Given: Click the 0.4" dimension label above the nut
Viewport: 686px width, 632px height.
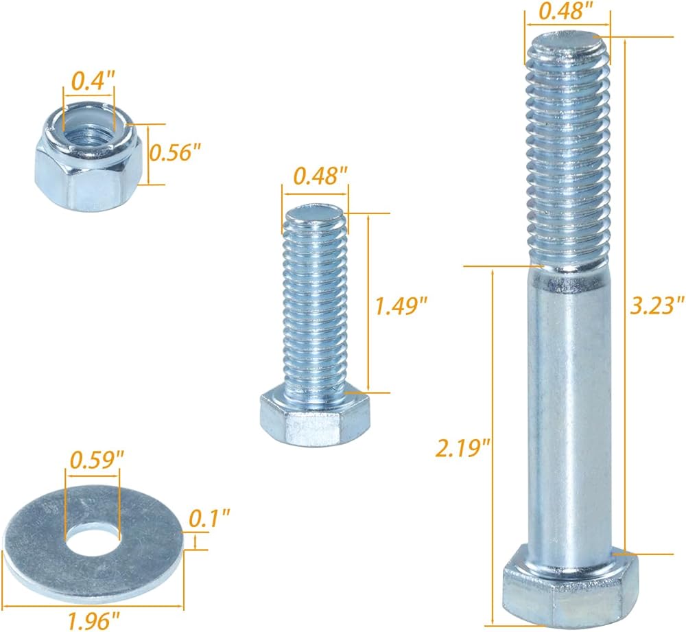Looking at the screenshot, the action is click(93, 81).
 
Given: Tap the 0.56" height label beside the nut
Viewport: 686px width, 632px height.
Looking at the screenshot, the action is click(175, 153).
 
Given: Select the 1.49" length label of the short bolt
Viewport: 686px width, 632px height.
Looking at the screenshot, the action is click(401, 305).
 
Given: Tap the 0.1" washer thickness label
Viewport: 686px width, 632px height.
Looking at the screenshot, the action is click(209, 519).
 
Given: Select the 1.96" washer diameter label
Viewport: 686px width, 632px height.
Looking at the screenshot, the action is click(93, 620).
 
